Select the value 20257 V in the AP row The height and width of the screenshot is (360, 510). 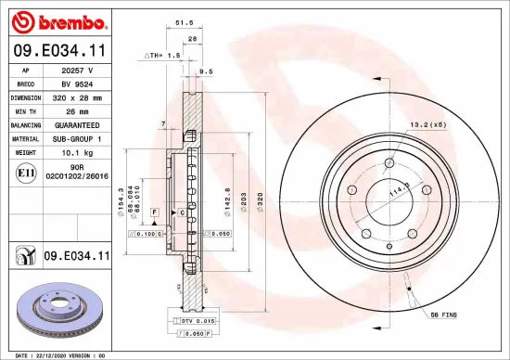(79, 70)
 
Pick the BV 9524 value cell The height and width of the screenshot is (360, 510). (79, 83)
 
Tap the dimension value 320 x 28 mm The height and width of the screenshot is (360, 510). (79, 96)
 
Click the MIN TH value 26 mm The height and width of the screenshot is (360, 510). (79, 110)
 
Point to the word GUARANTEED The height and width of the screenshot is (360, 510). (79, 124)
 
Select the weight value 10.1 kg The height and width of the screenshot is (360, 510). (79, 151)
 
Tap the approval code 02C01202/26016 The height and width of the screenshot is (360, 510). (79, 174)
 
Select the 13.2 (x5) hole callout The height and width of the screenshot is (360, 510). (428, 124)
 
